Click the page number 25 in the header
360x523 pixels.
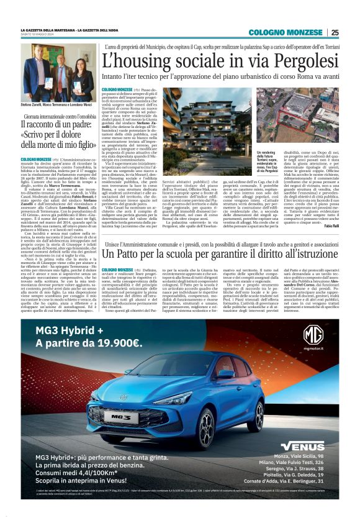click(x=335, y=32)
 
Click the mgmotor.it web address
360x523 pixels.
click(x=313, y=350)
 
